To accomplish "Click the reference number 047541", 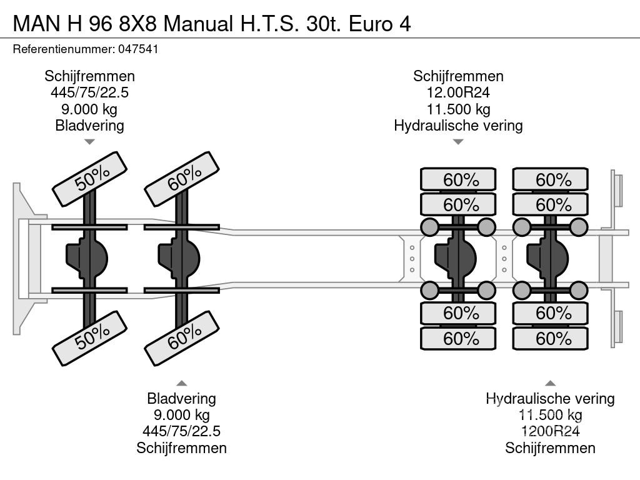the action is click(x=138, y=49).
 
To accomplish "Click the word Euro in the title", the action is click(x=371, y=24).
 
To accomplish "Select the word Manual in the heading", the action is click(x=198, y=24).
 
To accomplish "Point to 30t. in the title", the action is click(x=324, y=24).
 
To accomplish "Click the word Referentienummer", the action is click(x=64, y=49).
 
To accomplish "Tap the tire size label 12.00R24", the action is click(x=458, y=92).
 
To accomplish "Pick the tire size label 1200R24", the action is click(x=550, y=431).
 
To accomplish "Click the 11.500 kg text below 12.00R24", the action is click(x=458, y=109).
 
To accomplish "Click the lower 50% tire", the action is click(x=90, y=338).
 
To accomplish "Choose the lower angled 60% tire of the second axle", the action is click(x=182, y=338).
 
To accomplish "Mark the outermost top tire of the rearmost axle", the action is click(x=550, y=179).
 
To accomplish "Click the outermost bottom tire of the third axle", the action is click(x=458, y=338).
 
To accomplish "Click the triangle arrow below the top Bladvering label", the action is click(x=89, y=142).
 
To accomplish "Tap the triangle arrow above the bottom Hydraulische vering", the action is click(x=550, y=383).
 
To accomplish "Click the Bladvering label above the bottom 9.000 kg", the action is click(x=182, y=398).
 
